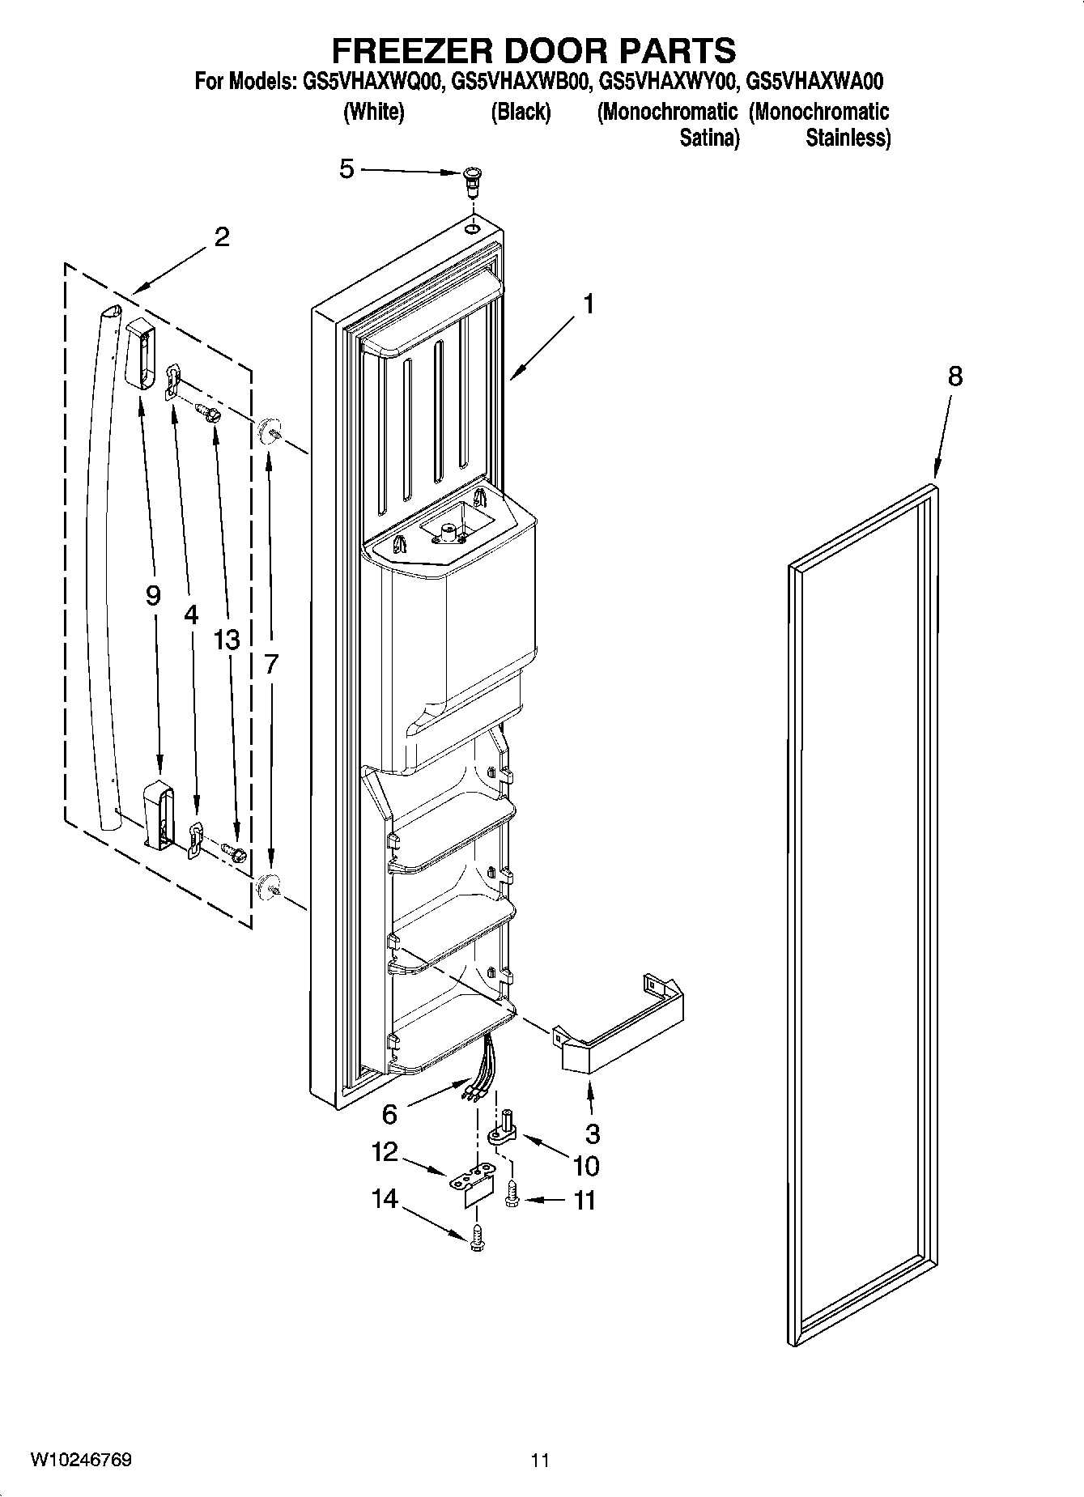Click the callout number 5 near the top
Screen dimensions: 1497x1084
[346, 169]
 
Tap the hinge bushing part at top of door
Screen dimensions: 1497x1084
[471, 181]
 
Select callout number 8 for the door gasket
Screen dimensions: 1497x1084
[955, 376]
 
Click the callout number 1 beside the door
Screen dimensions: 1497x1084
[589, 305]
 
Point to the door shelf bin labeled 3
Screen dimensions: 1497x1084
[619, 1027]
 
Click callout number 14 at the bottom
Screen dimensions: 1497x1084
[385, 1198]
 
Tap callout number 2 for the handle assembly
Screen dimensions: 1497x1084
[221, 237]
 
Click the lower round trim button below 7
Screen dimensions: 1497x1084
[268, 887]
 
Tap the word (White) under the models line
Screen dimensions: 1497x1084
[373, 112]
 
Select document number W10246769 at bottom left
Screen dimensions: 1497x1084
[82, 1460]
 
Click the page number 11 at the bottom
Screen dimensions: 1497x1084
[541, 1461]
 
